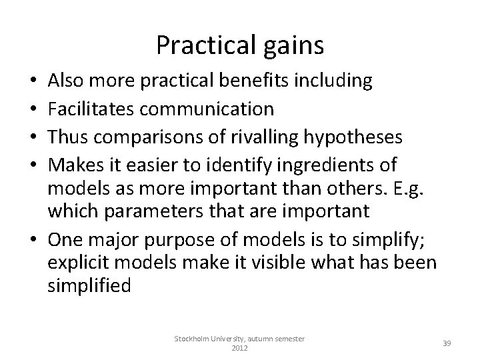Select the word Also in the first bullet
[x=67, y=81]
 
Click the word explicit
[x=73, y=262]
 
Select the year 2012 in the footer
[x=239, y=349]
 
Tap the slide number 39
[x=447, y=343]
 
